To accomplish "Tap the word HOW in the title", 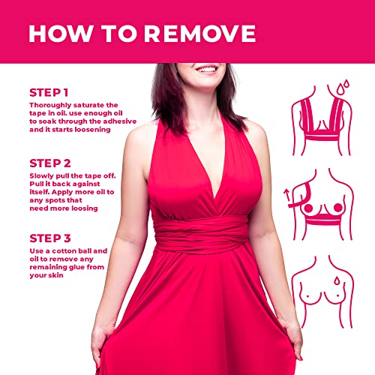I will (59, 34).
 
